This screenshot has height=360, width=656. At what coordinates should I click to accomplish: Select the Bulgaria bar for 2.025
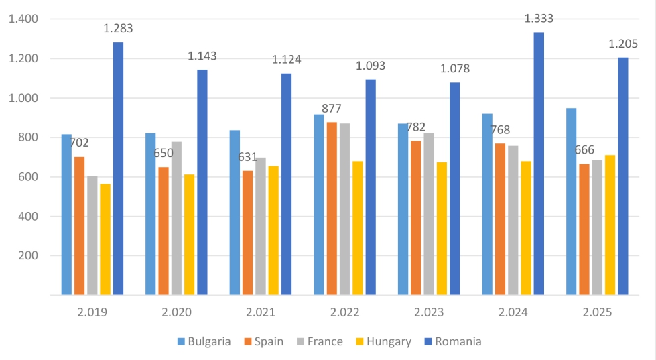pos(572,201)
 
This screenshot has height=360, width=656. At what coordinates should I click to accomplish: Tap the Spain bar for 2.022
pos(332,208)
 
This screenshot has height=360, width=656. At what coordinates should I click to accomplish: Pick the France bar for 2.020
pos(176,218)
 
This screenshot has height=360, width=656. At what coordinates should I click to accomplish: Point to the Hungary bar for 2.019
pos(105,239)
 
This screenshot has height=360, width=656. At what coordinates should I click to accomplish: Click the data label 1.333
pos(539,19)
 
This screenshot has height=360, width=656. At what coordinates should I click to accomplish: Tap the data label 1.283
pos(118,28)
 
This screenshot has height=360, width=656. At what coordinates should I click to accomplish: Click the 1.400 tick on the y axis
pos(23,19)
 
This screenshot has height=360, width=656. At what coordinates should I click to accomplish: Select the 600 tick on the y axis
pos(29,177)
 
